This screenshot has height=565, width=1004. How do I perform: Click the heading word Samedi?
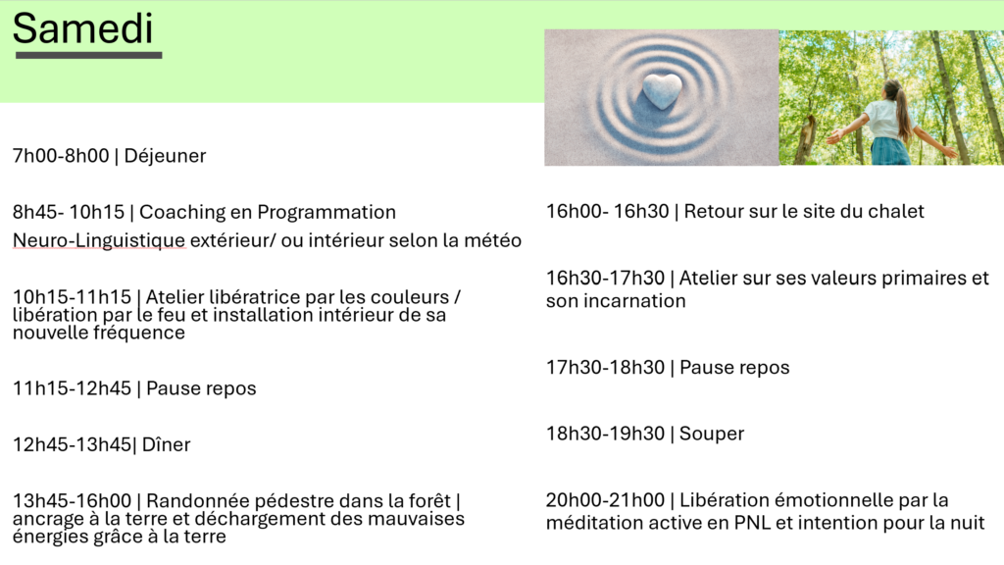click(82, 28)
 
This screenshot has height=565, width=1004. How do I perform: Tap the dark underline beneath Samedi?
click(89, 56)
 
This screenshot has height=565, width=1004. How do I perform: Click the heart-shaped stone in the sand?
click(662, 91)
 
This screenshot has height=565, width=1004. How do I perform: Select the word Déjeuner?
click(165, 156)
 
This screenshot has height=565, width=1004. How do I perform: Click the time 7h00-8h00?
click(61, 156)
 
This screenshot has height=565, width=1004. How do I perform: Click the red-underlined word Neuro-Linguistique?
click(99, 240)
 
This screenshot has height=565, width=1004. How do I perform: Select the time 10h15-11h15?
click(72, 297)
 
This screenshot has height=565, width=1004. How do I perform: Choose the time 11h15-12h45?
click(72, 388)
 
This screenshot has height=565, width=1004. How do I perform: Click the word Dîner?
click(166, 444)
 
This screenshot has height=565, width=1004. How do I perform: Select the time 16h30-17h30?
click(605, 278)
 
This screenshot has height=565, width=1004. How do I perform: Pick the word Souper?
click(712, 435)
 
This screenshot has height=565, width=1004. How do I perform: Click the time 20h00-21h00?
click(605, 500)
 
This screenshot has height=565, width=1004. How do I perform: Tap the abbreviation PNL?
click(752, 524)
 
